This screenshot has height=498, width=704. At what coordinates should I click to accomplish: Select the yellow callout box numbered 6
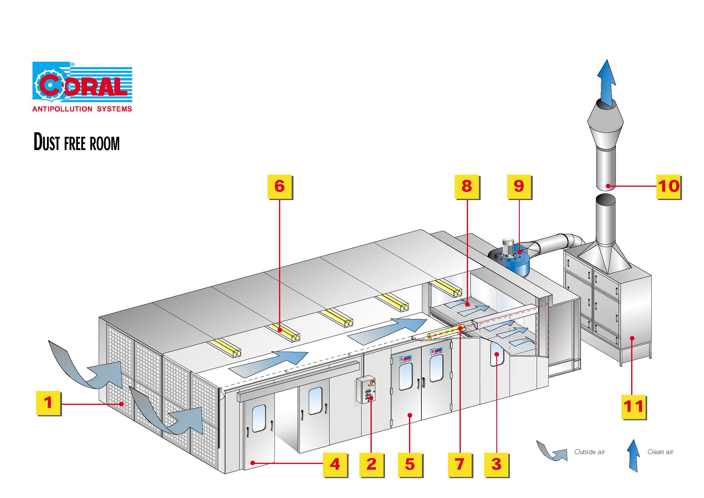point(280,186)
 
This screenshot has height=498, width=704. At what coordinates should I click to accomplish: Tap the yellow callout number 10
point(668,186)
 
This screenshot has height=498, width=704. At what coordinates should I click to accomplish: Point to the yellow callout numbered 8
point(467,186)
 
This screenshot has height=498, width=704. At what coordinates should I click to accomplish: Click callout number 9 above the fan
point(519,186)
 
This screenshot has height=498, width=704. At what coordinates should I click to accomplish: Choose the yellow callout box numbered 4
point(335,464)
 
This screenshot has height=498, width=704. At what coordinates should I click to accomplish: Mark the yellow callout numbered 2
point(371,464)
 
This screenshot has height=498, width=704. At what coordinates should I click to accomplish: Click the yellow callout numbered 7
point(460,464)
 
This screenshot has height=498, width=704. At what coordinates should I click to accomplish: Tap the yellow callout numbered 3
point(496,464)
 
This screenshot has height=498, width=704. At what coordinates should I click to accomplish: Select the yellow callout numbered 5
point(410,464)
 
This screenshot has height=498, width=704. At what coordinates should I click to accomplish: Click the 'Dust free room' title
point(77,143)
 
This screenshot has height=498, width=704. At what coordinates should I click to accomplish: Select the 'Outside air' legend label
point(590,452)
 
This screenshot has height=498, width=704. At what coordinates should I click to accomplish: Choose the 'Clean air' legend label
point(660,452)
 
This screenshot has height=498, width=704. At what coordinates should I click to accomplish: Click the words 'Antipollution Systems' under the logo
point(82,109)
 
